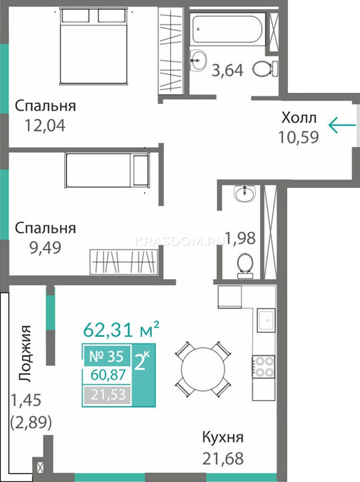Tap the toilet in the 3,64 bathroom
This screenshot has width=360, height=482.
click(266, 68)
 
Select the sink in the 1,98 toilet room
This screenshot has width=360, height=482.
click(245, 193)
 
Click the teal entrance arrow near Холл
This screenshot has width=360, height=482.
click(342, 125)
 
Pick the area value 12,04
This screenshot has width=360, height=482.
click(45, 126)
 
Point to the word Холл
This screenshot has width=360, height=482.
click(299, 118)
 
